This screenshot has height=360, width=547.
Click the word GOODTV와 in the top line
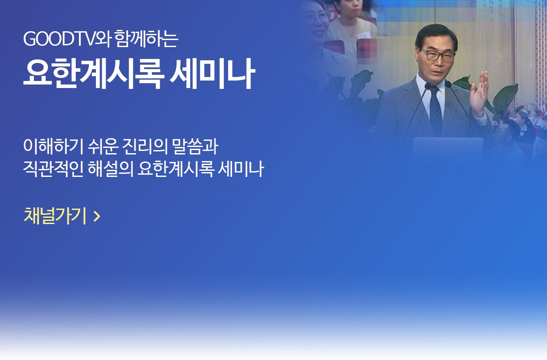[67, 39]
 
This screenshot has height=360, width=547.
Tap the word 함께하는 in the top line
[146, 38]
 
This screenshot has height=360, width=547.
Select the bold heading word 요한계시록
[94, 73]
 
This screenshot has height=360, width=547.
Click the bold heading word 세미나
[212, 73]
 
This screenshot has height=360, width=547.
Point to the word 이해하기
[53, 146]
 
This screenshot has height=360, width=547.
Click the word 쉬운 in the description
[103, 146]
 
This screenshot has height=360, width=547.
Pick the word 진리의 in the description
[145, 146]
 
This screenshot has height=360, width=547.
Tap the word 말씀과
[195, 146]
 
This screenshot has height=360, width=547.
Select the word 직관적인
[53, 169]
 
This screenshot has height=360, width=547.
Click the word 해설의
[111, 169]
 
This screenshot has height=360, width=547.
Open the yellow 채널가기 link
[55, 216]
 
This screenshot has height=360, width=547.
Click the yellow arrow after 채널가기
[97, 216]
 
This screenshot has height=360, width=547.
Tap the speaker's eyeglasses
[438, 55]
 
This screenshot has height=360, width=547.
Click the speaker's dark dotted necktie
[436, 110]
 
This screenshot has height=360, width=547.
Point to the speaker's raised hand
[479, 93]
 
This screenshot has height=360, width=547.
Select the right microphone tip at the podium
[448, 84]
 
